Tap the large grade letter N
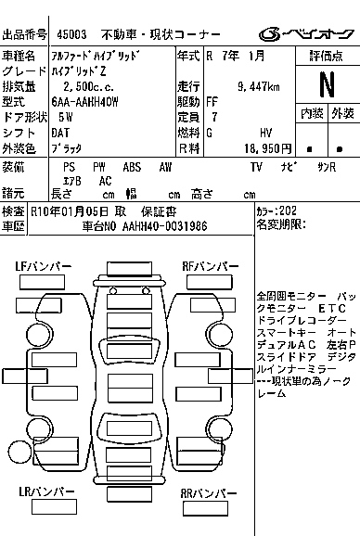326,84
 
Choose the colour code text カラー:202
277,211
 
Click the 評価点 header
326,57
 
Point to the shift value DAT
62,132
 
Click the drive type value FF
212,101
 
